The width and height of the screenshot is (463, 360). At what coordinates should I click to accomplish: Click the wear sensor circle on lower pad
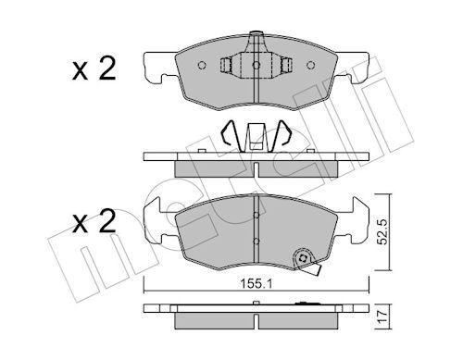click(302, 260)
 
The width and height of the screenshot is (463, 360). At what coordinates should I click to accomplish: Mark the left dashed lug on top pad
click(227, 66)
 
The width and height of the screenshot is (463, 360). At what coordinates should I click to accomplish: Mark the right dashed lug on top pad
click(286, 66)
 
